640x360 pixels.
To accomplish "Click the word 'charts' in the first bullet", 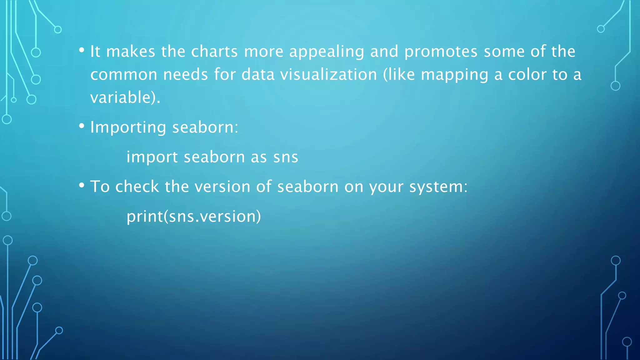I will tap(214, 51).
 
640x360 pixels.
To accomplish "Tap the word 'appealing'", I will tap(327, 52).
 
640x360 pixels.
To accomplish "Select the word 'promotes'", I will tap(441, 52).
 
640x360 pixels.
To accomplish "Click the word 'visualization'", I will tap(328, 75).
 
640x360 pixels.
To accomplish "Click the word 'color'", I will tap(527, 75).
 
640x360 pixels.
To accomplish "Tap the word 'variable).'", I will tap(125, 97).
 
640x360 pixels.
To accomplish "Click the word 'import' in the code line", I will tap(152, 157).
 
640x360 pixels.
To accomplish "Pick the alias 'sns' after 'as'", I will tap(286, 157).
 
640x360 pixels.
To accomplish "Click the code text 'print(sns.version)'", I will tap(194, 216).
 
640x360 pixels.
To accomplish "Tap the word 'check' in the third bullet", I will tap(137, 187).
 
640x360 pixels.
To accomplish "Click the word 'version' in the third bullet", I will tap(222, 187).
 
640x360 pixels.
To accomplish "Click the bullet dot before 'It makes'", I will tap(82, 50).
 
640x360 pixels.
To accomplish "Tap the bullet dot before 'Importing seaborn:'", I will tap(82, 126).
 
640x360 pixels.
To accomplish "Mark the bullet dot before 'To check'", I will tap(82, 185).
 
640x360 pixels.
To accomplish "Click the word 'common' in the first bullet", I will tap(124, 75).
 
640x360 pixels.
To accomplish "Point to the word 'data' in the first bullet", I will tap(258, 75).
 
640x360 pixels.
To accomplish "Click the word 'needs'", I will tap(186, 75).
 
